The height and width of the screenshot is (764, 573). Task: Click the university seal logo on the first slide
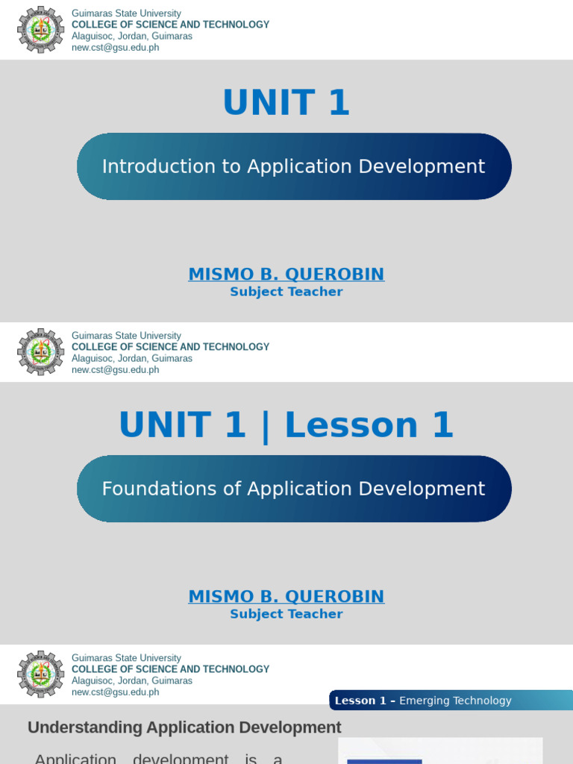click(41, 30)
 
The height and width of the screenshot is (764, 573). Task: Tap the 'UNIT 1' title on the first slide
click(286, 103)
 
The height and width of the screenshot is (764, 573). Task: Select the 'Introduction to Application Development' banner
click(294, 166)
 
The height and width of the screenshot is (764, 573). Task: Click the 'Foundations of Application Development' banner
click(294, 489)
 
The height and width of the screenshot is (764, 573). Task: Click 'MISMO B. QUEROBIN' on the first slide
click(286, 274)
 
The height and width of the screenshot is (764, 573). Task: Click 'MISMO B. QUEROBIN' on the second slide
click(286, 596)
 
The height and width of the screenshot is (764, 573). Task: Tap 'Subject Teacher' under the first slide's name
click(286, 292)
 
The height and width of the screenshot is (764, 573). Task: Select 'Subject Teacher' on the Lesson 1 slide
click(286, 614)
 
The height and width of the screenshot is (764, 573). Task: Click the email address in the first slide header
click(115, 48)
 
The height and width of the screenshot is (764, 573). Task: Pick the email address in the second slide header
click(115, 370)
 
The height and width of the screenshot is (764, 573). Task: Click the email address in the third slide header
click(115, 692)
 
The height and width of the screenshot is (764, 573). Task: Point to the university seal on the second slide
click(41, 352)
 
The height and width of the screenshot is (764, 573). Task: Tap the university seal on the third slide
click(41, 674)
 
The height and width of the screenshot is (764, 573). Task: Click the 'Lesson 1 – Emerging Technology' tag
click(423, 701)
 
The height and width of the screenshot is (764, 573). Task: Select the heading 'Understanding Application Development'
click(184, 727)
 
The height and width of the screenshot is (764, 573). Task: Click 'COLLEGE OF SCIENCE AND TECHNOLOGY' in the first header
click(170, 25)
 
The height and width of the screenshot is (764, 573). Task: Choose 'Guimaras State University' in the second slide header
click(126, 336)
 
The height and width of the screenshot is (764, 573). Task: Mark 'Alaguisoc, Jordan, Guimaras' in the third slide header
click(132, 680)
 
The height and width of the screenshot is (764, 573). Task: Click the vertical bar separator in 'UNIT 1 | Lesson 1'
click(265, 427)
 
